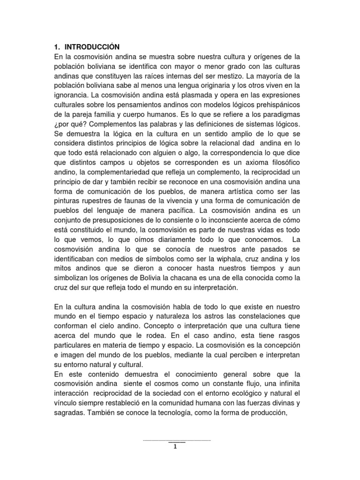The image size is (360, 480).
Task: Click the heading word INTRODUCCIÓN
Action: [92, 47]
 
